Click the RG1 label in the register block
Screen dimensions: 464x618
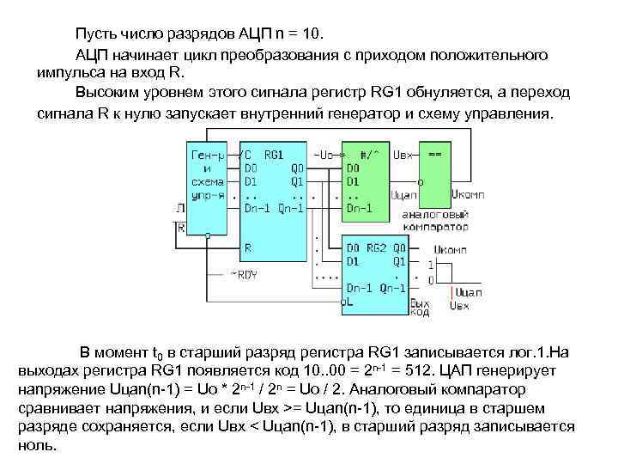275,155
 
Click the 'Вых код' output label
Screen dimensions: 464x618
420,308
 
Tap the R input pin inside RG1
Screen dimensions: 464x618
249,246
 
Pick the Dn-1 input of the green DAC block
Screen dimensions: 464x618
360,207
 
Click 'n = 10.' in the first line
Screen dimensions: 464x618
296,34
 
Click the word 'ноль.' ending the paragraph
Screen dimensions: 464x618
36,447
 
